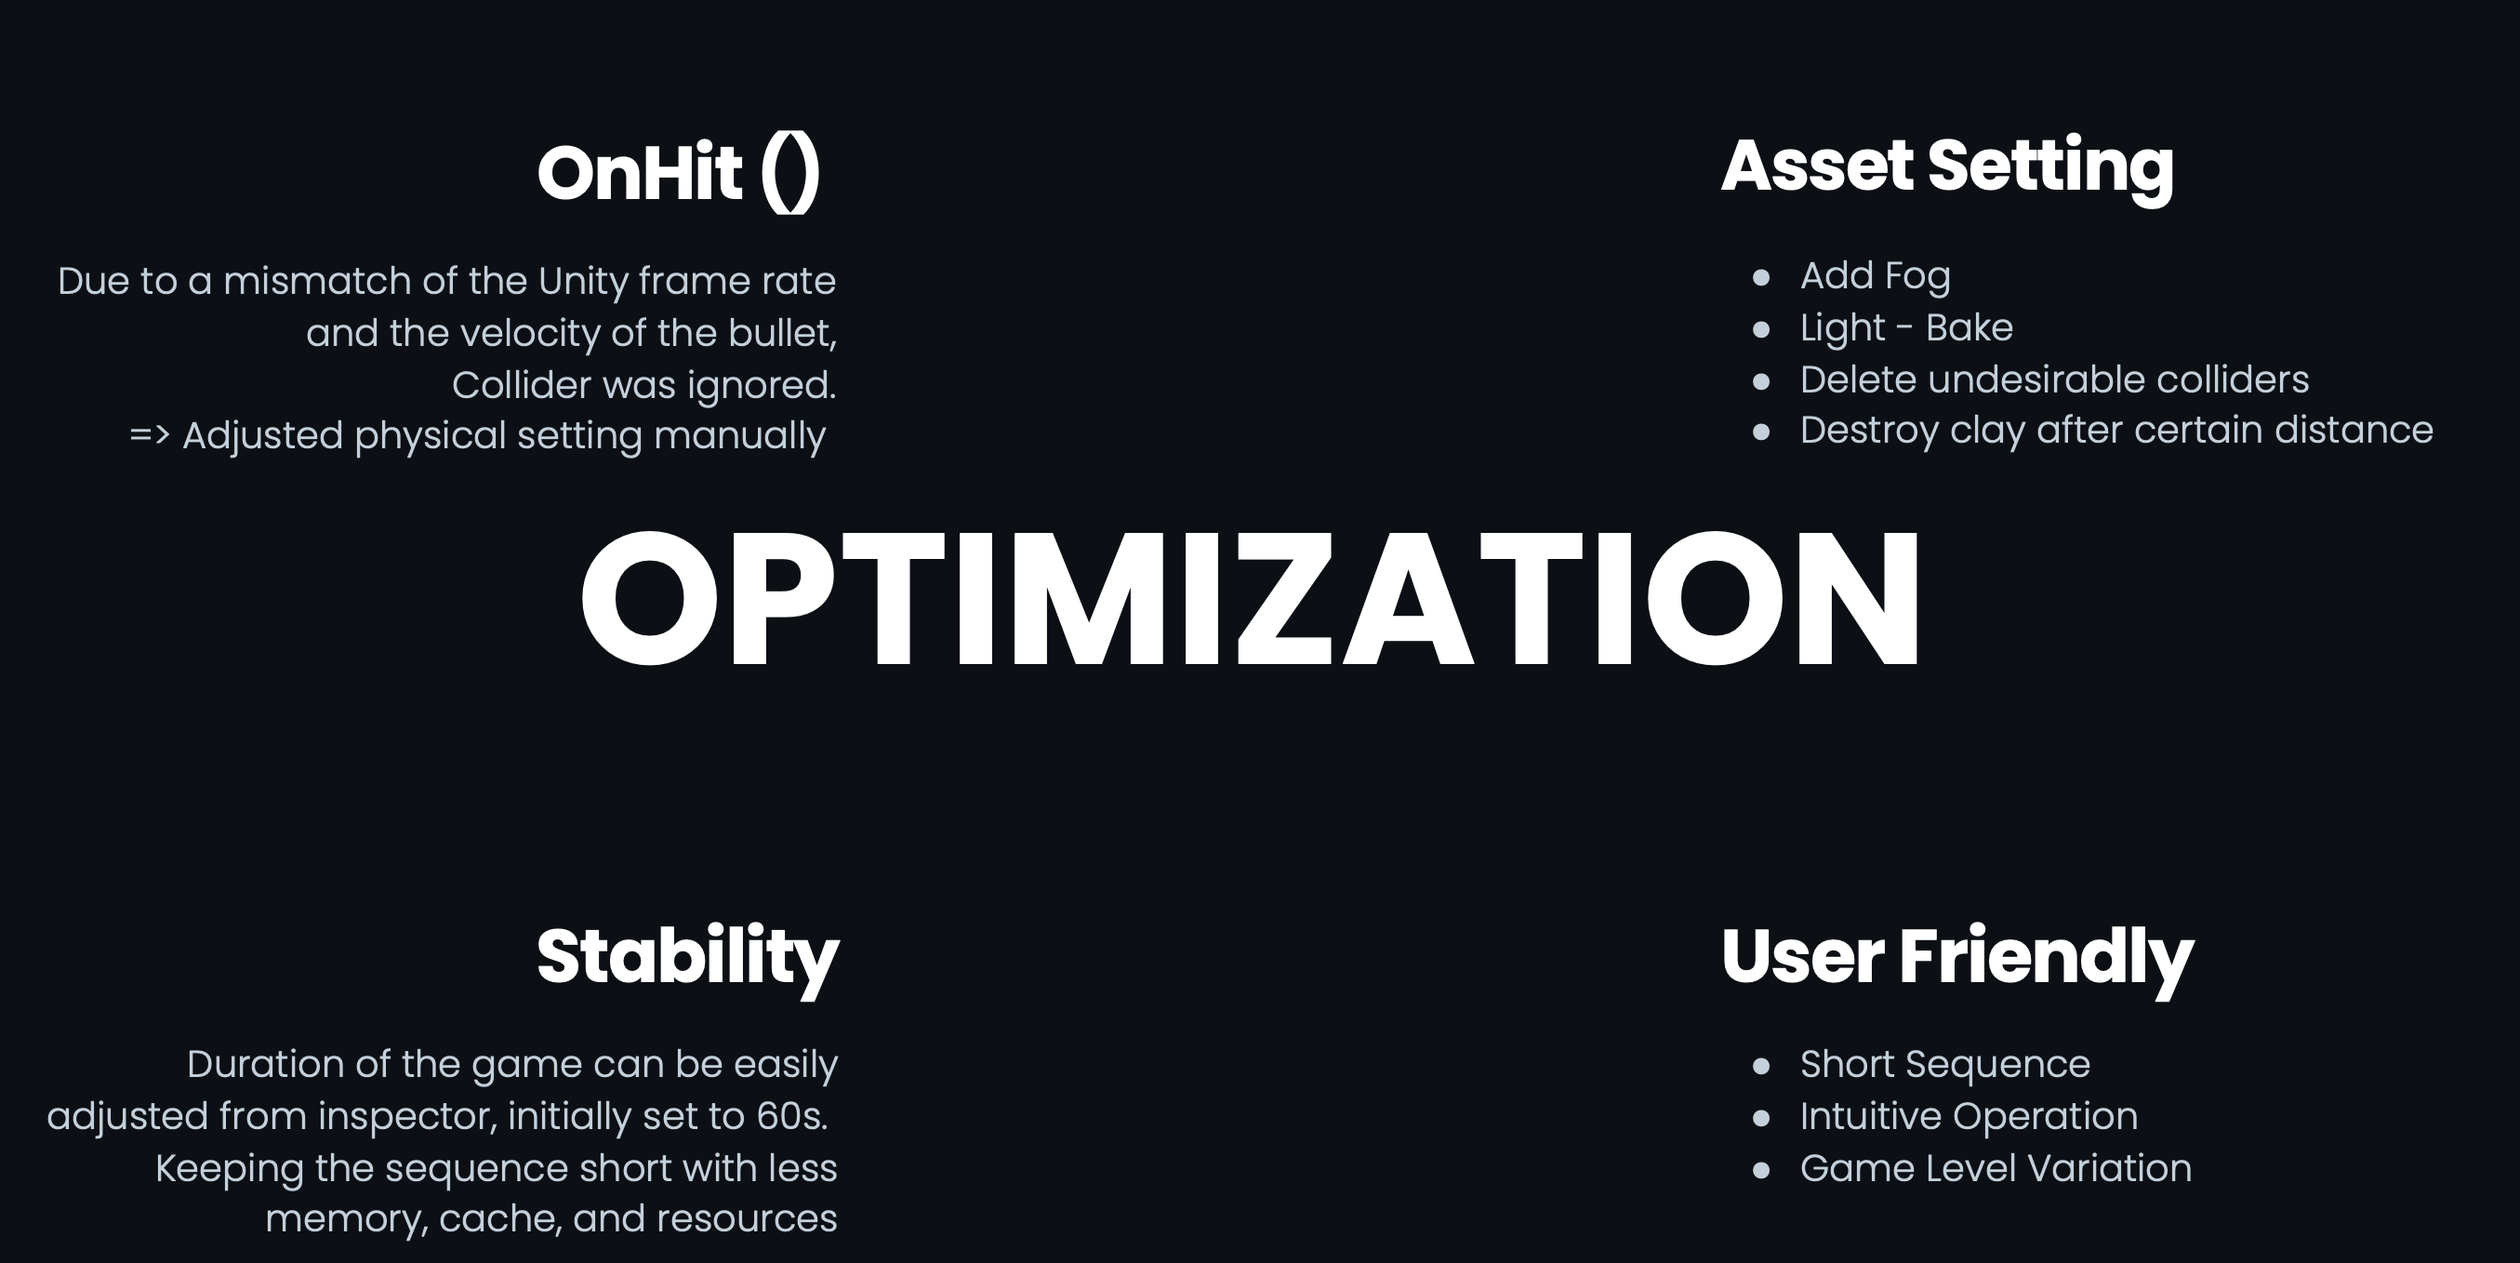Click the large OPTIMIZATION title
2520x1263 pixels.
pyautogui.click(x=1250, y=599)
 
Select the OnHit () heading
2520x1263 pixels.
pyautogui.click(x=678, y=173)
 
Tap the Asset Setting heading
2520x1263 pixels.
pyautogui.click(x=1947, y=167)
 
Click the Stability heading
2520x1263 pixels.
pyautogui.click(x=687, y=959)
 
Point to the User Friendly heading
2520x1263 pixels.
pyautogui.click(x=1956, y=959)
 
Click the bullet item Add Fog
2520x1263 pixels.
pyautogui.click(x=1876, y=277)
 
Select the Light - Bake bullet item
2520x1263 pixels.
pyautogui.click(x=1906, y=328)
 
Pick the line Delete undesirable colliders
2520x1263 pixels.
pyautogui.click(x=2054, y=379)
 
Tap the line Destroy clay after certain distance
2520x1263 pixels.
pyautogui.click(x=2117, y=432)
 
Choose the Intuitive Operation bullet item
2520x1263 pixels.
pyautogui.click(x=1970, y=1117)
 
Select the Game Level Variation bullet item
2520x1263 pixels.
pyautogui.click(x=1996, y=1169)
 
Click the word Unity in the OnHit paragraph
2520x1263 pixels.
pyautogui.click(x=583, y=283)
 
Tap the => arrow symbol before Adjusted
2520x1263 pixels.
pyautogui.click(x=150, y=435)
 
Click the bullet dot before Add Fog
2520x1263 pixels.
pyautogui.click(x=1762, y=278)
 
